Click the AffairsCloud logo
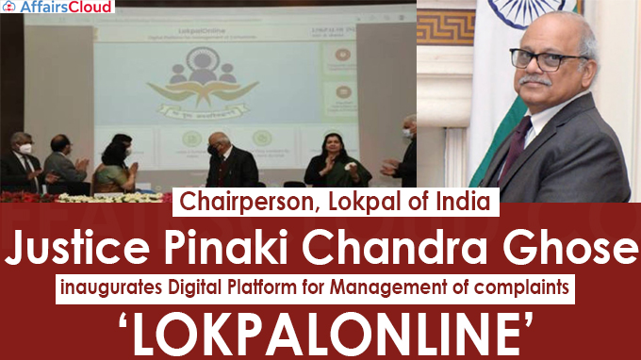pos(58,8)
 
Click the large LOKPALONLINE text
pos(320,335)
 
